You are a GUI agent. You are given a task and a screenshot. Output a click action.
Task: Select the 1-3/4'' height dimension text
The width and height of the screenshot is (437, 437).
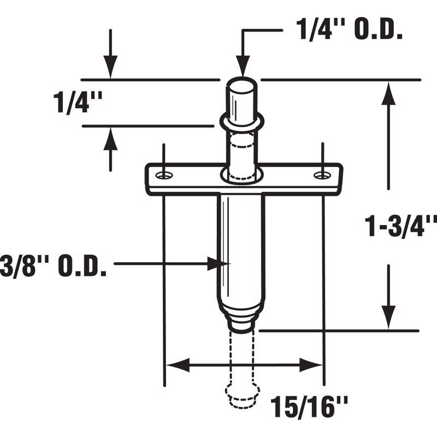(x=401, y=225)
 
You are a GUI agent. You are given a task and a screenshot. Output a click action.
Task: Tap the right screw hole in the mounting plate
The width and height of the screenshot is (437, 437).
(x=322, y=175)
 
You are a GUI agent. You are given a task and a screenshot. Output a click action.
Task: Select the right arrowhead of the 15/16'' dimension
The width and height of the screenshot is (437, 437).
(x=311, y=364)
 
